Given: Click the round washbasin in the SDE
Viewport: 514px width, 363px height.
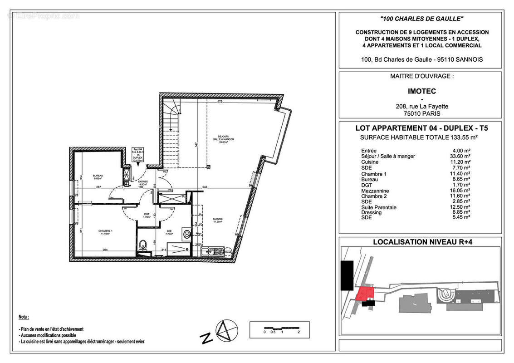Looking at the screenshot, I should tap(186, 235).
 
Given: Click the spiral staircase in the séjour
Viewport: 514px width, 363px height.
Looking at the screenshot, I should tap(171, 111).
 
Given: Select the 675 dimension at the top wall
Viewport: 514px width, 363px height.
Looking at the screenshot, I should tap(220, 102).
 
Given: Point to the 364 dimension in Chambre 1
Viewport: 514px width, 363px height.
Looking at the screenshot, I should tap(105, 250).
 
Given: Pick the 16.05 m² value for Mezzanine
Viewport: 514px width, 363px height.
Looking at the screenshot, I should tap(460, 191).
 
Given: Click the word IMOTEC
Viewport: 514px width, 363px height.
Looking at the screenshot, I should tap(421, 91).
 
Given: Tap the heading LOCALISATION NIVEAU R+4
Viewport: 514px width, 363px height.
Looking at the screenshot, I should tap(421, 242).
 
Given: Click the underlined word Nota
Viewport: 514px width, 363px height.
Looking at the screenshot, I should tap(24, 317).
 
